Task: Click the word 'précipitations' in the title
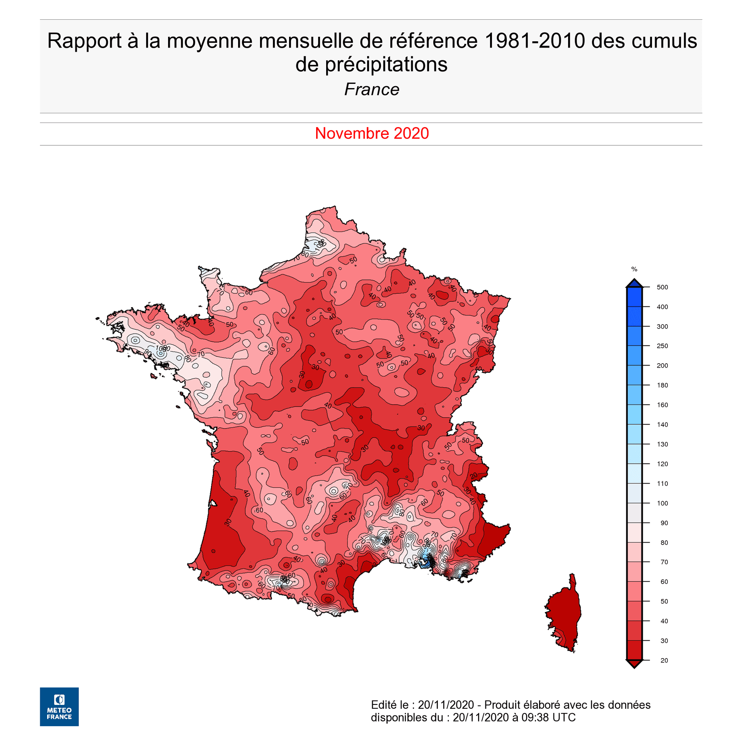pyautogui.click(x=386, y=65)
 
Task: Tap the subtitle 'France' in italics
pyautogui.click(x=371, y=89)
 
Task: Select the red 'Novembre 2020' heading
pyautogui.click(x=371, y=133)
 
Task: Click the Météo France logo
pyautogui.click(x=59, y=706)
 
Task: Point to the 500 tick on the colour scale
pyautogui.click(x=662, y=287)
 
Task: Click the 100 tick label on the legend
pyautogui.click(x=662, y=503)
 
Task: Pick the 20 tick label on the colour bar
pyautogui.click(x=664, y=660)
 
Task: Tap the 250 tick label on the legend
pyautogui.click(x=662, y=346)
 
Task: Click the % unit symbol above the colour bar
pyautogui.click(x=634, y=269)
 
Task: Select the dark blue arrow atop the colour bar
pyautogui.click(x=634, y=283)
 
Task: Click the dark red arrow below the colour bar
pyautogui.click(x=634, y=664)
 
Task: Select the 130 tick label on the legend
pyautogui.click(x=662, y=444)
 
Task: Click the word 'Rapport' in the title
pyautogui.click(x=84, y=41)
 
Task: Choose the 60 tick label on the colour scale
pyautogui.click(x=664, y=582)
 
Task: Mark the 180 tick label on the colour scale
pyautogui.click(x=662, y=385)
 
